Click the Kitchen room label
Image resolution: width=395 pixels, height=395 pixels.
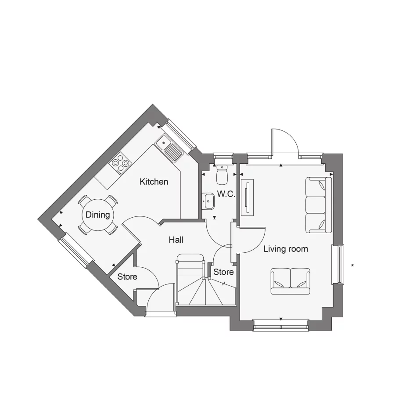(154, 182)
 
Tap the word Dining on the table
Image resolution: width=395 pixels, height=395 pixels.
(98, 215)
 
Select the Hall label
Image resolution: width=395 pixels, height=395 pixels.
(176, 240)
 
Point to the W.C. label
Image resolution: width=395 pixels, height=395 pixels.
(226, 194)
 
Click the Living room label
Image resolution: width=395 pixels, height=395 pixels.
(286, 249)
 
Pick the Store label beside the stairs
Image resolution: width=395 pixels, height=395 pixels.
(223, 272)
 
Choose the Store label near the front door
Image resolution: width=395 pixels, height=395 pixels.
(127, 277)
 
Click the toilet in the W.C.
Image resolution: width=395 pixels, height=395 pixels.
(222, 174)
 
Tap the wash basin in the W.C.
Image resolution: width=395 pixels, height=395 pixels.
(208, 201)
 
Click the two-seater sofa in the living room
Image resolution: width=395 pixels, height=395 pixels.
(290, 281)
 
